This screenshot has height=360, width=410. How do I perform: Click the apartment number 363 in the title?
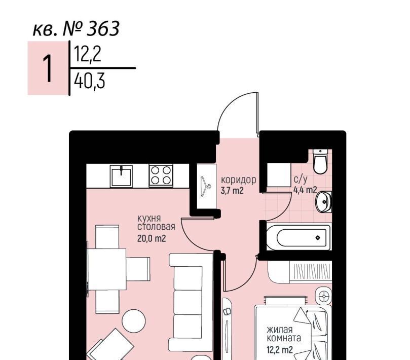(103, 28)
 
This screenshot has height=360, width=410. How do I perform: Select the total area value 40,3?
(89, 81)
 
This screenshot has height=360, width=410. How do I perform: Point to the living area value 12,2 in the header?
(87, 54)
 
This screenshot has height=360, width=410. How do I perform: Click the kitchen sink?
(121, 176)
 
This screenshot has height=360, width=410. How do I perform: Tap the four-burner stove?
(161, 175)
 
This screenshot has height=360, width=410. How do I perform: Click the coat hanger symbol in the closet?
(206, 186)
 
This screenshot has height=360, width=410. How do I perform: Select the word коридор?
(239, 181)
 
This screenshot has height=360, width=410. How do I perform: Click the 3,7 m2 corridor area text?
(232, 191)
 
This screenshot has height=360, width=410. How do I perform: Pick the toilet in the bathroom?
(320, 161)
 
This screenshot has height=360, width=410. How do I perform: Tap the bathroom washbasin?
(323, 202)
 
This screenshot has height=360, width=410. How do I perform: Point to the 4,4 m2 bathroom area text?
(305, 190)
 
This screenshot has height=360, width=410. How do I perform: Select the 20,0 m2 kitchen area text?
(152, 238)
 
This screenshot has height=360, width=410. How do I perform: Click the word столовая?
(156, 227)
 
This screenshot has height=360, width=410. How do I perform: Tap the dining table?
(107, 269)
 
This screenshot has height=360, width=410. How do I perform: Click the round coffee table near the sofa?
(134, 321)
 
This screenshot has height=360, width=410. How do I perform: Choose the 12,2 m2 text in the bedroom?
(280, 349)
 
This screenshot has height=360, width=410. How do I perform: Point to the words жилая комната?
(284, 334)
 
